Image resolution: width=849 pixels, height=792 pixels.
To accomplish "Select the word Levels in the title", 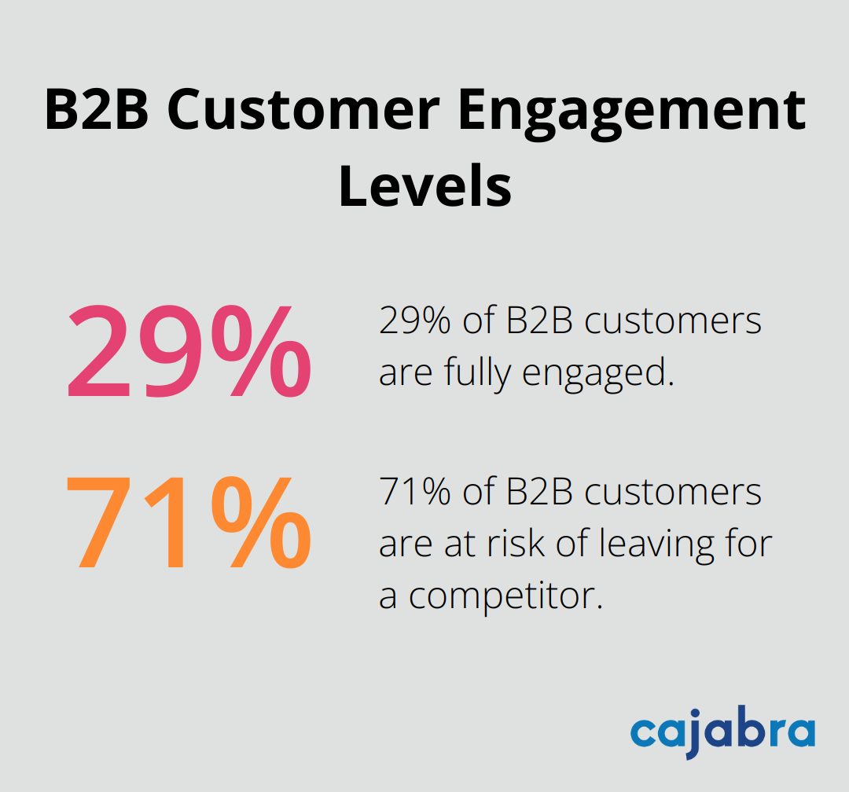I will click(424, 187).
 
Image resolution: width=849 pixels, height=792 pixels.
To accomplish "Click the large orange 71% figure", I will click(189, 523).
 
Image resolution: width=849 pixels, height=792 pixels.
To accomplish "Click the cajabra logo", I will click(722, 732).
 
